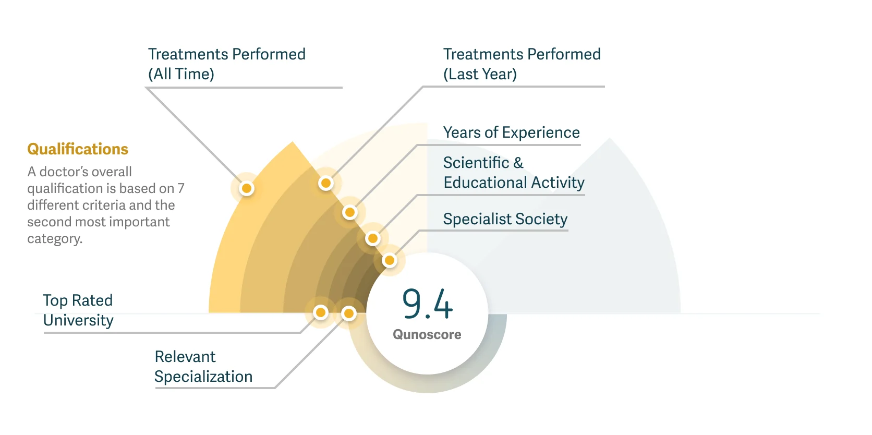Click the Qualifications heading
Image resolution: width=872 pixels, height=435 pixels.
click(x=78, y=149)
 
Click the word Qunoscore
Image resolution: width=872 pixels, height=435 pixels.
click(x=427, y=334)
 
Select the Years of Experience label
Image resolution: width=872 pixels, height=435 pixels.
click(x=511, y=132)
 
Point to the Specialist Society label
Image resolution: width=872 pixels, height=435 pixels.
click(x=505, y=219)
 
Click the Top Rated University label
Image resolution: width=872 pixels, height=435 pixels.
click(x=78, y=310)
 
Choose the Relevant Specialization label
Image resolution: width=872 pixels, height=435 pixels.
click(x=203, y=367)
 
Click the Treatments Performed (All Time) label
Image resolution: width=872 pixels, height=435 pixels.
click(x=226, y=64)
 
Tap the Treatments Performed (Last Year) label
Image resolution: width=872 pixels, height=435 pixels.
click(x=522, y=64)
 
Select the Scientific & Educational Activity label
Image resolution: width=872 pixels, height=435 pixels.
click(x=514, y=173)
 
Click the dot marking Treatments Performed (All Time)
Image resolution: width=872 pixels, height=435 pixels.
click(x=247, y=188)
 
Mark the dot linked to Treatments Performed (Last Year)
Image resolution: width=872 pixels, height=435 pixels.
click(x=326, y=183)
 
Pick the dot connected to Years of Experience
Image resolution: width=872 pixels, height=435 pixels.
click(x=349, y=212)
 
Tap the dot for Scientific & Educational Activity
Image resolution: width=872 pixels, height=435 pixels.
click(x=372, y=239)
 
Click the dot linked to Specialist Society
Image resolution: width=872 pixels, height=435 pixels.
click(x=389, y=260)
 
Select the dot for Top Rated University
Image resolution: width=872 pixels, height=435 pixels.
click(x=321, y=312)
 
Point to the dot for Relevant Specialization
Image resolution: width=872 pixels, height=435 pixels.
click(x=348, y=313)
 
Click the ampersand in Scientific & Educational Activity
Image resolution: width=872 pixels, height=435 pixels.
click(x=518, y=163)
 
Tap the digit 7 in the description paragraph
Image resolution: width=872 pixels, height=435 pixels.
click(x=181, y=188)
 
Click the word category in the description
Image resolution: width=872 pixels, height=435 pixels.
click(x=55, y=239)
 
